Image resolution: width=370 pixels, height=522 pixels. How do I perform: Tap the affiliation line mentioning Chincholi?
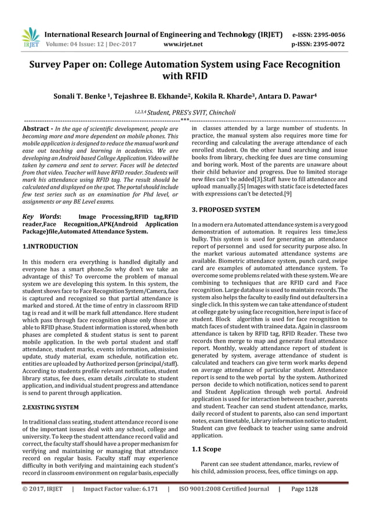coord(184,112)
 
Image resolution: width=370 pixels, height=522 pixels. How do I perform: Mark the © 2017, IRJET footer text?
coord(42,505)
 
